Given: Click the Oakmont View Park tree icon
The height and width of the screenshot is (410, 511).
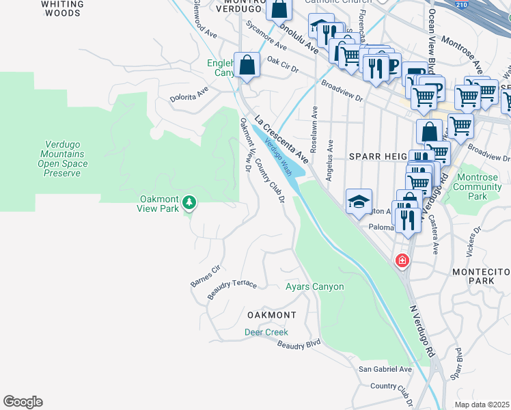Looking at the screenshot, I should [x=190, y=202].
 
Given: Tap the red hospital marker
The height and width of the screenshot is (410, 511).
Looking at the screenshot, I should [x=402, y=260].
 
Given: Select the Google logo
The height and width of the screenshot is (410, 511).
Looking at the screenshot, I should [x=23, y=402].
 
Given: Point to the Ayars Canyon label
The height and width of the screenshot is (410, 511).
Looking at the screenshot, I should [x=314, y=286].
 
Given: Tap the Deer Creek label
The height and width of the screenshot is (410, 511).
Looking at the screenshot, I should [x=266, y=332].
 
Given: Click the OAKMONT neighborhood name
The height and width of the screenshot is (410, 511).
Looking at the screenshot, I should [x=272, y=315].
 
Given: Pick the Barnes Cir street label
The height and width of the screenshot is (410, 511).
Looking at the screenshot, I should [x=206, y=274].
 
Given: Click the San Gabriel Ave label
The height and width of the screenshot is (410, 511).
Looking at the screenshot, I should [x=385, y=369].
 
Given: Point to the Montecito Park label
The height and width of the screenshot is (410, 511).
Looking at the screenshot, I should [x=481, y=276].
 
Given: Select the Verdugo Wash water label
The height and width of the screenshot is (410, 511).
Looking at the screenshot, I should [x=278, y=154].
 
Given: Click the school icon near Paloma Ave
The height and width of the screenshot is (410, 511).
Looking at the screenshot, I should [x=359, y=202].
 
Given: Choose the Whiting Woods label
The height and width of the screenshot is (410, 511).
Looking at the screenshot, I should [x=62, y=8].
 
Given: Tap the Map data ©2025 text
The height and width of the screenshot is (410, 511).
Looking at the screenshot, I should [x=482, y=405].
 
